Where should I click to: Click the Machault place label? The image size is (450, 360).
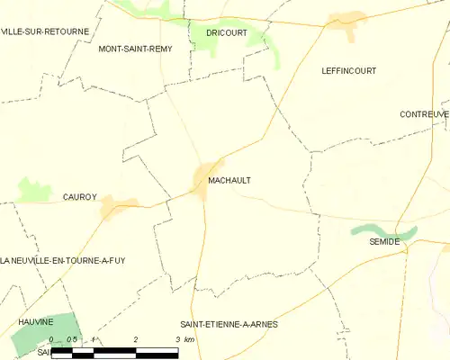point(229,180)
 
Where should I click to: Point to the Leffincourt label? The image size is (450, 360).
point(348,70)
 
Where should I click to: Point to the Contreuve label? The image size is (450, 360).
point(425,115)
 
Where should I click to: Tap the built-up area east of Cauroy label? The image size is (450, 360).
point(118,206)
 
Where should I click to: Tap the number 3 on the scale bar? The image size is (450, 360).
point(177,339)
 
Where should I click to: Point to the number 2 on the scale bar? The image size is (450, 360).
point(135,339)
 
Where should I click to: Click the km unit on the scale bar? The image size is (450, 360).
point(189,339)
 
